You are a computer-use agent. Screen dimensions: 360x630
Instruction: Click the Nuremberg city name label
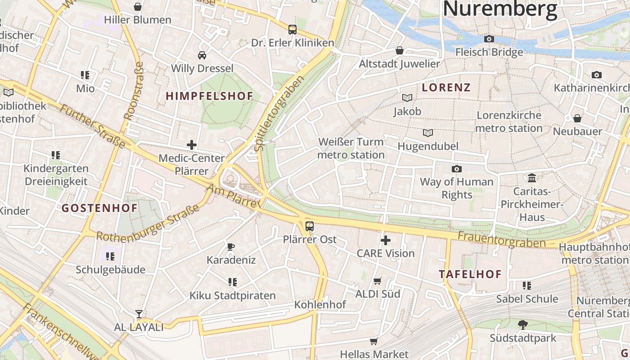tap(499, 9)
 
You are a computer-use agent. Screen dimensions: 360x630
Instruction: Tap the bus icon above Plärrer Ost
tap(310, 226)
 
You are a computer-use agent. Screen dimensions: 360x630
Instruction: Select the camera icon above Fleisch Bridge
tap(489, 39)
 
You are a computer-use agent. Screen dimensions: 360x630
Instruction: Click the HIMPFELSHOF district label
tap(210, 96)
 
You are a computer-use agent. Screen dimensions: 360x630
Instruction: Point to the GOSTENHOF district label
tap(99, 208)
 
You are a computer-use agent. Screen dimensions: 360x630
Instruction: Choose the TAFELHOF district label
tap(470, 274)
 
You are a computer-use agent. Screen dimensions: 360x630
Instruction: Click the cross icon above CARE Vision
tap(386, 240)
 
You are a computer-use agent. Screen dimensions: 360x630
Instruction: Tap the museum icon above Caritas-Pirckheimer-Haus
tap(532, 178)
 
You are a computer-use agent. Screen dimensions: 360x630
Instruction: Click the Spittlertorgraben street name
tap(279, 113)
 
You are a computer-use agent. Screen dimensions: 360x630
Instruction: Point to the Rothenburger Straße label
tap(148, 224)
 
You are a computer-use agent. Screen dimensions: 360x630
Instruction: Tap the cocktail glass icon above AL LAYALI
tap(139, 314)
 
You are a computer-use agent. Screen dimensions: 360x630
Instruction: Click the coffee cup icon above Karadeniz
tap(231, 247)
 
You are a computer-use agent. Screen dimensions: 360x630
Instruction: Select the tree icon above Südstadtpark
tap(522, 324)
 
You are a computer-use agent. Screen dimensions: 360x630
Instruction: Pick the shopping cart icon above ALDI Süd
tap(378, 281)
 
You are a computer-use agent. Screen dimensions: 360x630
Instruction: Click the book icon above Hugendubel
tap(427, 133)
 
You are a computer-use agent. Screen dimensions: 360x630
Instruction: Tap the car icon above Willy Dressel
tap(202, 55)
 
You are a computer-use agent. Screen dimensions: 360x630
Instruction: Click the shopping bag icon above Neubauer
tap(577, 118)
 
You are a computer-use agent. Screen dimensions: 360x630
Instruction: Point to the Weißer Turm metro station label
tap(351, 148)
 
